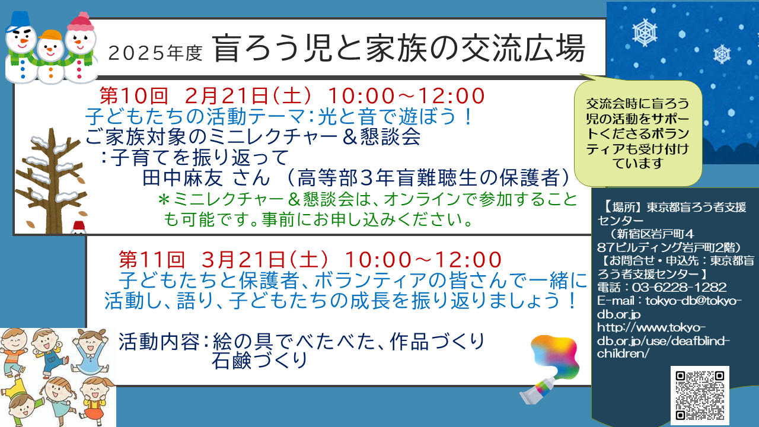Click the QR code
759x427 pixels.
click(700, 396)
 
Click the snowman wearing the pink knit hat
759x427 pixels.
click(80, 47)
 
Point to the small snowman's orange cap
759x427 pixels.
click(51, 34)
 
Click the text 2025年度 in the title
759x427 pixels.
click(155, 53)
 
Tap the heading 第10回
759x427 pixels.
click(134, 95)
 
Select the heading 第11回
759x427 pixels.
click(152, 260)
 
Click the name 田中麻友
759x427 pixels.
click(182, 178)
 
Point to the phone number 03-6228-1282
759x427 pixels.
click(679, 288)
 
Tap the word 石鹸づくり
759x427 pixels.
click(259, 361)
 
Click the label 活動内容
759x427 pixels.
click(160, 342)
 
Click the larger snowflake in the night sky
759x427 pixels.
click(645, 33)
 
